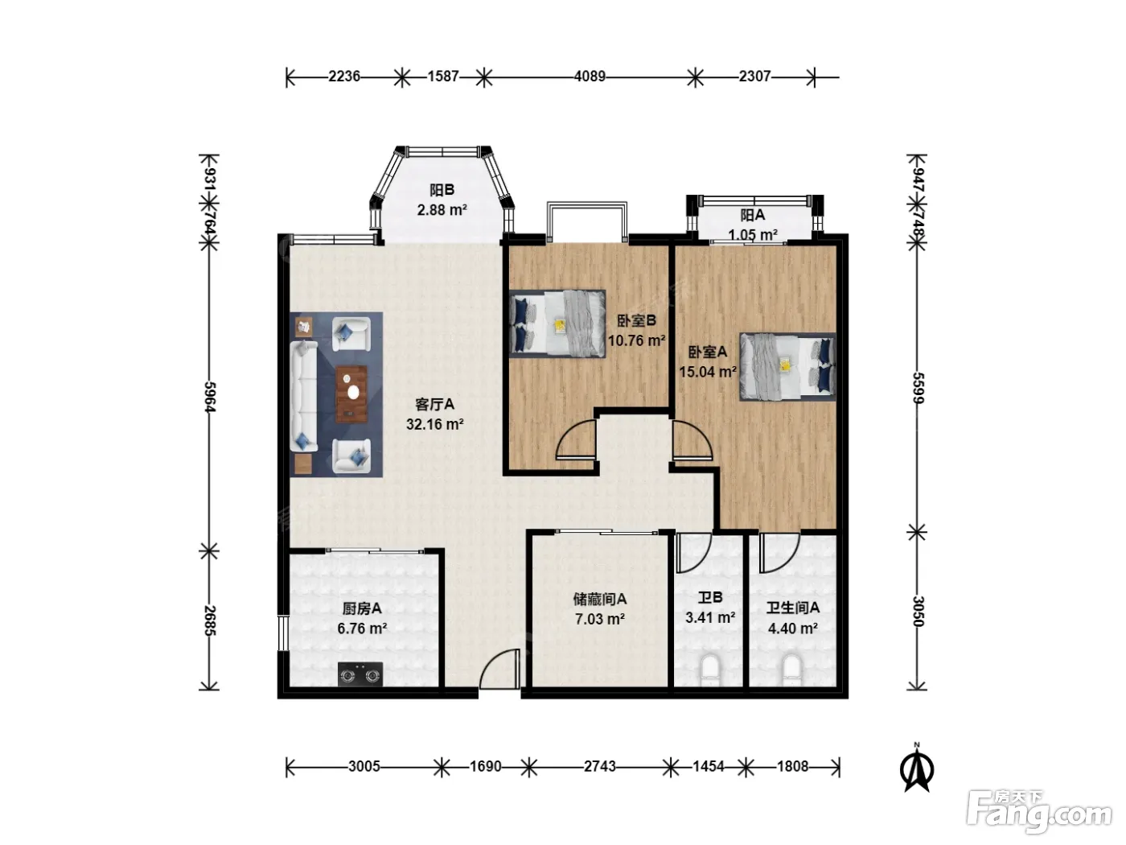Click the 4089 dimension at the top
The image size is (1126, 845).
590,76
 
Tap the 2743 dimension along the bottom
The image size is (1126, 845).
600,766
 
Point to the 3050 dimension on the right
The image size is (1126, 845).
918,611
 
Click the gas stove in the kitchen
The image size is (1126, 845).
360,674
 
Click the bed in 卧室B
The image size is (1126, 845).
557,324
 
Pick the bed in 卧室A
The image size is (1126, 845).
787,366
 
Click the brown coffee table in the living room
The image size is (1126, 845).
351,394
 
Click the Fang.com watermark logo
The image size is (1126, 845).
1039,812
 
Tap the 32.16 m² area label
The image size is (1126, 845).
435,424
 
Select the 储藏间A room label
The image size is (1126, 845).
600,599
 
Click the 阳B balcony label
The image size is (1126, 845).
442,191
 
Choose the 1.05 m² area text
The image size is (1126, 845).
753,234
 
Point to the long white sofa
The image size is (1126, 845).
304,396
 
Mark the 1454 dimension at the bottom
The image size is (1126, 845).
709,766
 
